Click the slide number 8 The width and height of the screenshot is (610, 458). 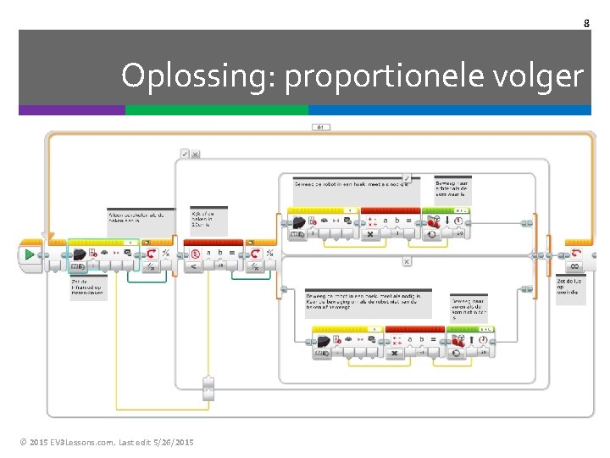[586, 23]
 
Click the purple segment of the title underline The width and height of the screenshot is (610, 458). [71, 110]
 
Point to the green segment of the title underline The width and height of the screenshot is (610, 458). [216, 110]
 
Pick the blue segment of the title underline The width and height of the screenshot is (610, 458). [449, 110]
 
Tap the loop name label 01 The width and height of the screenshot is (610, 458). [321, 127]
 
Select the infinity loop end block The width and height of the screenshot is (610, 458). [574, 254]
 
